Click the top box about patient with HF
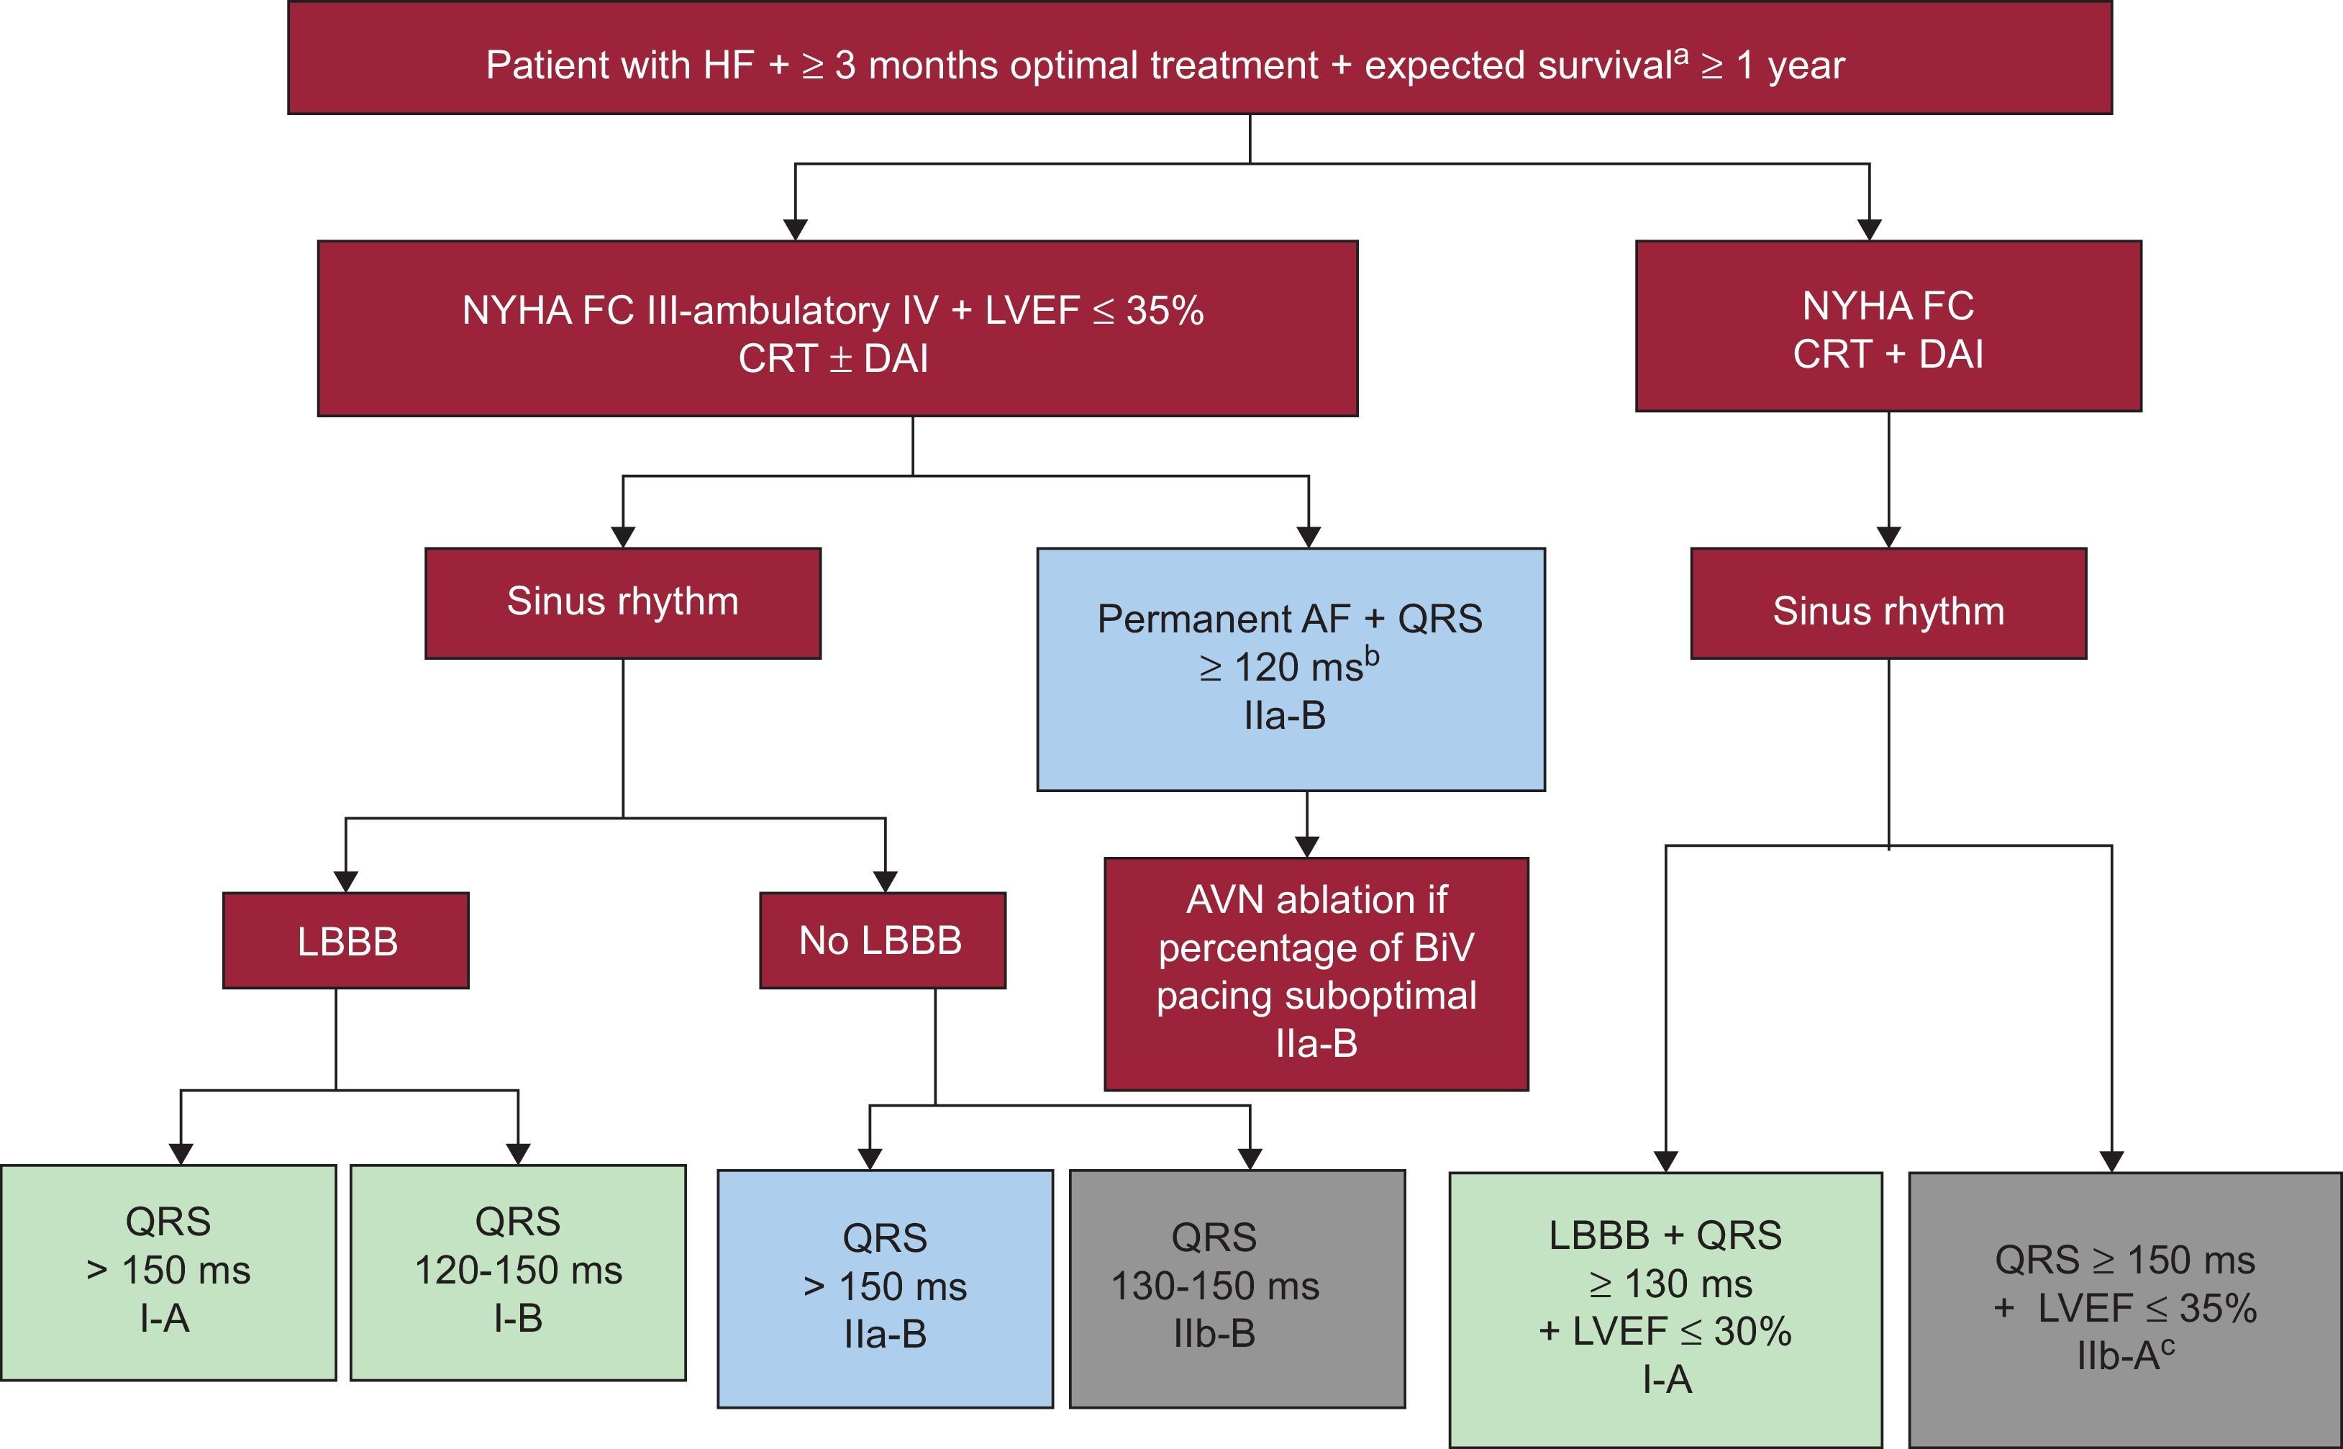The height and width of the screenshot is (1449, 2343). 1200,58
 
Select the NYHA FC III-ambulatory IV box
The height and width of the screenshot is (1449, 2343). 837,328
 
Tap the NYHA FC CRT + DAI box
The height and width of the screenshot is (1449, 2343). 1888,326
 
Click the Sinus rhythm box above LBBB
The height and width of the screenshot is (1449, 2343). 623,603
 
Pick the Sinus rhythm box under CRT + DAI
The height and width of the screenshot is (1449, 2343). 1888,604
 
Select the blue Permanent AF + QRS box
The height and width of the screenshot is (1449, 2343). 1290,669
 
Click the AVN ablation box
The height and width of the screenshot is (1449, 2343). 1316,973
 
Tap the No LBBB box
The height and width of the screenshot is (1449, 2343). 882,940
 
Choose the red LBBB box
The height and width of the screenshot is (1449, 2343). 346,940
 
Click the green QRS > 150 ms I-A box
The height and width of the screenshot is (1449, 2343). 168,1272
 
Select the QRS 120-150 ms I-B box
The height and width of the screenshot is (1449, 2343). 517,1272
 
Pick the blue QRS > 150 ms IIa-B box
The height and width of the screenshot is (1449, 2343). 885,1288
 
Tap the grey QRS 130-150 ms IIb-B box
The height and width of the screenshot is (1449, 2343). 1236,1288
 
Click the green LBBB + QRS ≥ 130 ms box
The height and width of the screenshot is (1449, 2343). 1665,1308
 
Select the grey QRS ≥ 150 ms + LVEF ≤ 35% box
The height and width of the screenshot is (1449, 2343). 2124,1308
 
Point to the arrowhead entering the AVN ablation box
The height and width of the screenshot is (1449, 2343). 1307,846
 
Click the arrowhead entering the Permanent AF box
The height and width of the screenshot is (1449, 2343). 1308,537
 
